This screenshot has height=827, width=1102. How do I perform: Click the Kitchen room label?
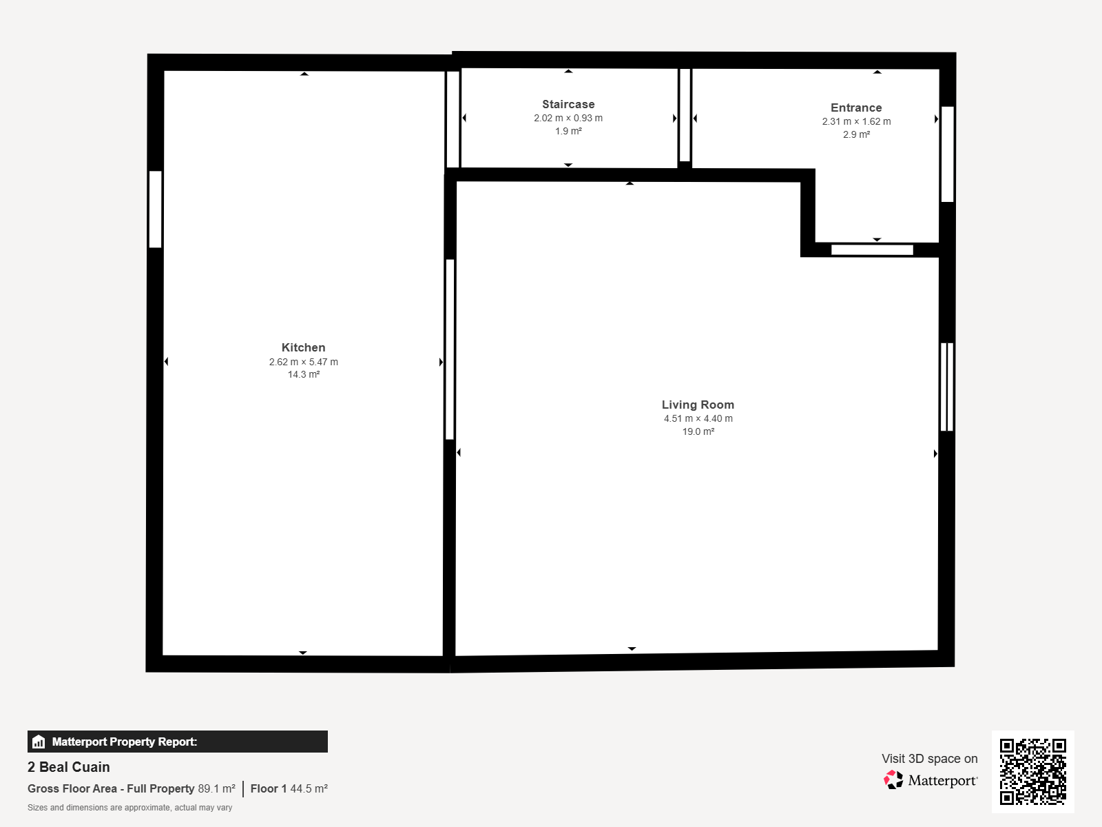click(x=303, y=347)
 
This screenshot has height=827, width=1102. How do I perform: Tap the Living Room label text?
click(x=698, y=405)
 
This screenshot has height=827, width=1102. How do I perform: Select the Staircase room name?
click(x=568, y=105)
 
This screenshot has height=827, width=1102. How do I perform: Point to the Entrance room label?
click(x=856, y=108)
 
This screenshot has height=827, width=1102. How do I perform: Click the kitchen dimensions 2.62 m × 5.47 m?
click(x=303, y=362)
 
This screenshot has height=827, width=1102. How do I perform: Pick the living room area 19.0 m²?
click(x=698, y=432)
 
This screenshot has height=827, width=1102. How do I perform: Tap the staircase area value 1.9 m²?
click(x=568, y=132)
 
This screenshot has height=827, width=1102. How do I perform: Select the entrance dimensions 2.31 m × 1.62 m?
click(x=856, y=121)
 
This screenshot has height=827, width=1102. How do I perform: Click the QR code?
click(x=1032, y=771)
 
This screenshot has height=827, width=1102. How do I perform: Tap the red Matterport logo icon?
click(x=893, y=780)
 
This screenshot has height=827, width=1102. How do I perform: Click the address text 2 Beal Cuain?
click(x=69, y=767)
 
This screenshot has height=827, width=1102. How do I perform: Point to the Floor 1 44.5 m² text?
click(x=289, y=789)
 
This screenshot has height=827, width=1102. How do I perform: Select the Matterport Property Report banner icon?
click(x=39, y=742)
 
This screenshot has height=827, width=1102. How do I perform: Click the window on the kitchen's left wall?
click(x=155, y=210)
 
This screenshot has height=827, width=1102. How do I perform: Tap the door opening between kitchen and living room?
click(x=450, y=349)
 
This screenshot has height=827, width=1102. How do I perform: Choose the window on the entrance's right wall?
click(x=947, y=154)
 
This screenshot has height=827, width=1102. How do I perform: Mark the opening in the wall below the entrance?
click(x=872, y=250)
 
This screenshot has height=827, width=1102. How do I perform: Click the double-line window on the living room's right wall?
click(x=947, y=387)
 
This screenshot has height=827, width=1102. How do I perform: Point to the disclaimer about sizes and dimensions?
click(x=129, y=808)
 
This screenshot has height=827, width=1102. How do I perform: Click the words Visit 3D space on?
click(x=930, y=759)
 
